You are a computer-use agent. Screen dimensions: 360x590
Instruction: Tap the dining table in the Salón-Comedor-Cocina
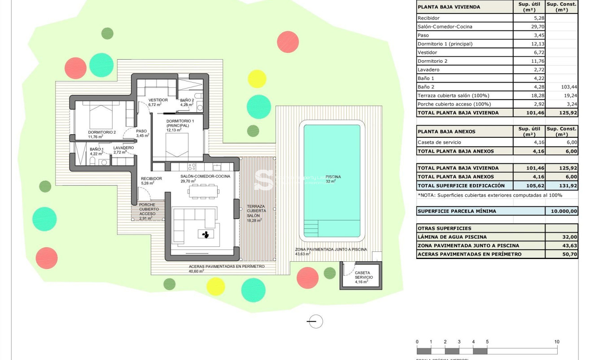point(203,192)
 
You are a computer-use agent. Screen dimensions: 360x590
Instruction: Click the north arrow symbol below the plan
point(315,321)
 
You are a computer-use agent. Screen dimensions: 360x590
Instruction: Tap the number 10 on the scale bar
point(556,342)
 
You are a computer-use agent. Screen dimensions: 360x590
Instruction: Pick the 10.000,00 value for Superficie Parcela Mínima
point(561,211)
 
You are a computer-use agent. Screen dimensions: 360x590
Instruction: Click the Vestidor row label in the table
point(427,53)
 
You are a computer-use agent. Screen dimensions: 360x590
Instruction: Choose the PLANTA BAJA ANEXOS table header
point(446,132)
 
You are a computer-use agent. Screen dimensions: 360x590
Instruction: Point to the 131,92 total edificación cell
point(561,185)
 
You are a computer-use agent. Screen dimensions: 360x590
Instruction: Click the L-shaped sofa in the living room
point(193,220)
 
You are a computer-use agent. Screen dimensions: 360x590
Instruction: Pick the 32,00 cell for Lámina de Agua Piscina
point(561,237)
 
